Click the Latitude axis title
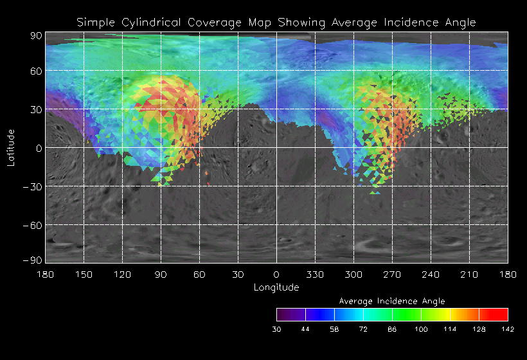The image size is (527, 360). coord(10,147)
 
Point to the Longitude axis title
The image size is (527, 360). coord(276,287)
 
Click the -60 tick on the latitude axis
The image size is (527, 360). coord(33,225)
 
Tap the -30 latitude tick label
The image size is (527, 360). coord(33,186)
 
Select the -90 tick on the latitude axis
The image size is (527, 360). coord(33,260)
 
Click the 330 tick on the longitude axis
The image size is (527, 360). coord(315,274)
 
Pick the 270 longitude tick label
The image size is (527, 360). coord(392,274)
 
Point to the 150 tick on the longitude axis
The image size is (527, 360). coord(84,274)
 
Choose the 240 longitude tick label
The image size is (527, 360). coord(431,274)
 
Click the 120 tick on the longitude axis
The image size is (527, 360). coord(122,274)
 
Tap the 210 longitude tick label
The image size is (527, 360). coord(469,274)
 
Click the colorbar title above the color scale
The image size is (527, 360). coord(392,301)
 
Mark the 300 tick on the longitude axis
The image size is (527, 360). coord(353,274)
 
